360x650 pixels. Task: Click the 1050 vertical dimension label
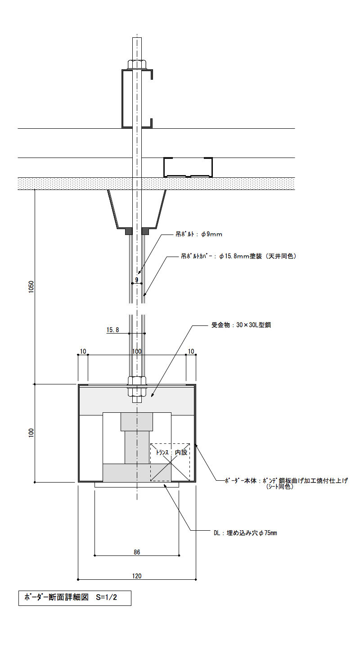(x=31, y=287)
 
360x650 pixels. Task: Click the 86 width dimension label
(x=137, y=552)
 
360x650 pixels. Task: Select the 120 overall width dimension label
(x=137, y=576)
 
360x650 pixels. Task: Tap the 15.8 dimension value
(x=113, y=330)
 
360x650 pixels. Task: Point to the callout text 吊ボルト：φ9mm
(x=199, y=234)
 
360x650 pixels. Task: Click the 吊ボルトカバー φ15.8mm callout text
(x=239, y=256)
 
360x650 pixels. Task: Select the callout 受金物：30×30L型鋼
(x=241, y=325)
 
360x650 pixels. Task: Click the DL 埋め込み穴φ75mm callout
(x=245, y=533)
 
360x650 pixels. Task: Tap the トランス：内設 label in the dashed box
(x=172, y=452)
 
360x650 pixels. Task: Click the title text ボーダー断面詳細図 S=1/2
(x=71, y=597)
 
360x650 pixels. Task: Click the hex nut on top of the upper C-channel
(x=136, y=64)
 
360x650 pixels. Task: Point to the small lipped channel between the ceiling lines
(x=188, y=167)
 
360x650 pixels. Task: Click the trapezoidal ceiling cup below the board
(x=137, y=209)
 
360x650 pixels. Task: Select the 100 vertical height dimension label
(x=31, y=433)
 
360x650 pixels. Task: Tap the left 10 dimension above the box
(x=83, y=352)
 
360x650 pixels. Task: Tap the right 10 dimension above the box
(x=191, y=352)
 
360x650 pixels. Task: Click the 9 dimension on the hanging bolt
(x=137, y=280)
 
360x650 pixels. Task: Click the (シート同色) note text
(x=279, y=487)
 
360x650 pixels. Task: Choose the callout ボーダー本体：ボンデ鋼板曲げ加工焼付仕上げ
(x=286, y=481)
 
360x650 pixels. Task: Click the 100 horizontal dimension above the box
(x=137, y=352)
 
